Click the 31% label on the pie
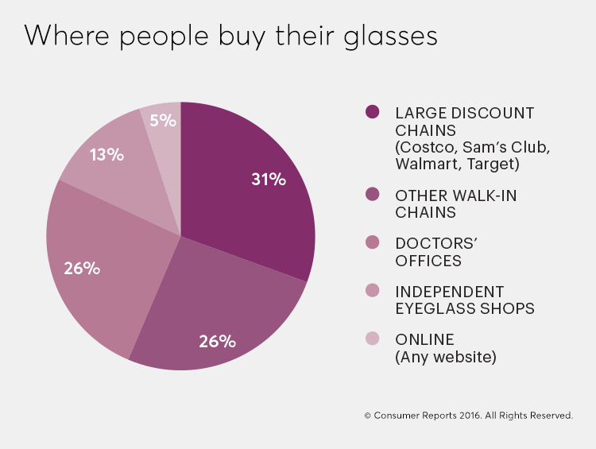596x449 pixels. point(269,179)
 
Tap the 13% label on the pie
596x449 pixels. point(106,155)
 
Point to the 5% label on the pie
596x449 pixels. point(162,121)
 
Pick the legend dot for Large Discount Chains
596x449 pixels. point(372,112)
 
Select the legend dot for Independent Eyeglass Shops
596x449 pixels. point(372,292)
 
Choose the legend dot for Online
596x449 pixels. point(372,339)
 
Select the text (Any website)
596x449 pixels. point(445,357)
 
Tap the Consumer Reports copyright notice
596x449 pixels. point(468,415)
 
